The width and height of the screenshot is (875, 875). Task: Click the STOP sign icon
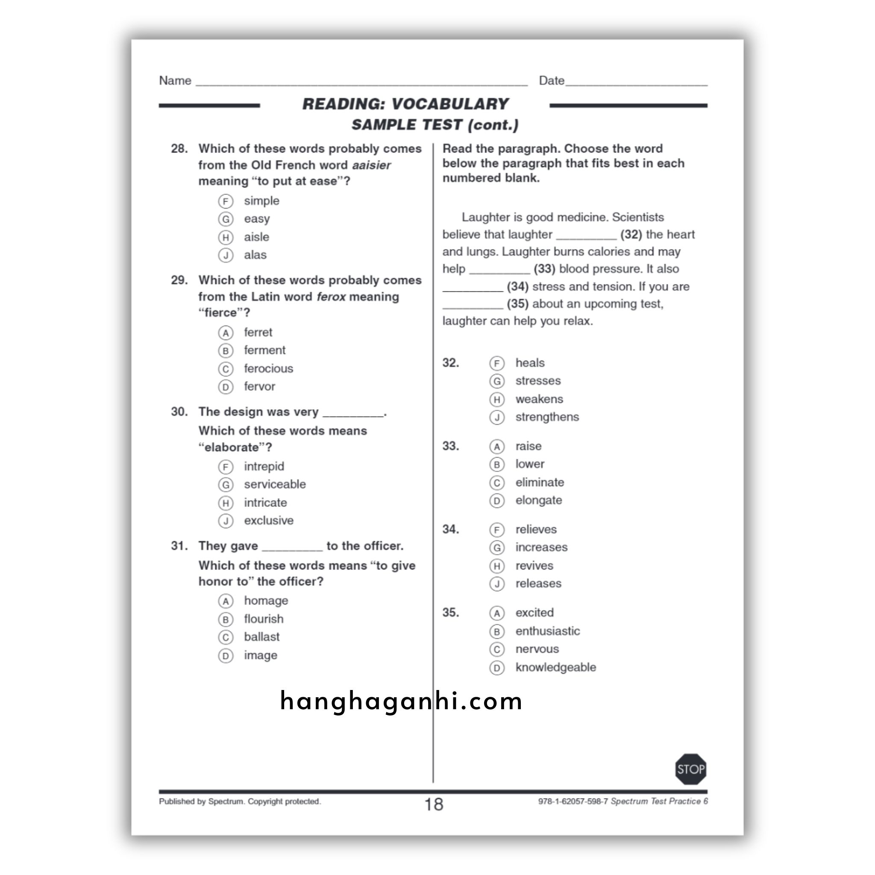pyautogui.click(x=690, y=769)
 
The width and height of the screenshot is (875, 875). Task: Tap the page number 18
pyautogui.click(x=433, y=805)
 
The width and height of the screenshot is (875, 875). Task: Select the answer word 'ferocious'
pyautogui.click(x=268, y=369)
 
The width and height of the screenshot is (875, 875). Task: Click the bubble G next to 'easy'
pyautogui.click(x=226, y=219)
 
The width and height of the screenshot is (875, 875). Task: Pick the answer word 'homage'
pyautogui.click(x=266, y=601)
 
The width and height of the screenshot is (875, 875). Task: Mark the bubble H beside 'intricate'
pyautogui.click(x=226, y=503)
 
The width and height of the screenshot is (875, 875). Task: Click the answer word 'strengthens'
pyautogui.click(x=546, y=417)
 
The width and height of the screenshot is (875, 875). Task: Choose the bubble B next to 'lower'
pyautogui.click(x=497, y=464)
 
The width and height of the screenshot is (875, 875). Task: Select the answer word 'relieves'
pyautogui.click(x=536, y=529)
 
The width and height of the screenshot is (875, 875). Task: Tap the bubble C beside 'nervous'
pyautogui.click(x=497, y=649)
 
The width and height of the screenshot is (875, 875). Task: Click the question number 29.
pyautogui.click(x=179, y=280)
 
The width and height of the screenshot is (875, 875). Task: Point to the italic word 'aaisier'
pyautogui.click(x=371, y=165)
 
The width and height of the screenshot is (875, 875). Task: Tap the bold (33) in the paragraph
pyautogui.click(x=544, y=269)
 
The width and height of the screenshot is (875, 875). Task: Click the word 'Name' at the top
pyautogui.click(x=175, y=81)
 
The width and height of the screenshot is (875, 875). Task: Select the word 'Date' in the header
pyautogui.click(x=551, y=81)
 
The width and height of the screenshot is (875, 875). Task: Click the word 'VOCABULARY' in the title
pyautogui.click(x=450, y=104)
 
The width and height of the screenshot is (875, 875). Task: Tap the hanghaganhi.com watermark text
pyautogui.click(x=401, y=701)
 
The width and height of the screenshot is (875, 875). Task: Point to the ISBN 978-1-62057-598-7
pyautogui.click(x=573, y=801)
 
